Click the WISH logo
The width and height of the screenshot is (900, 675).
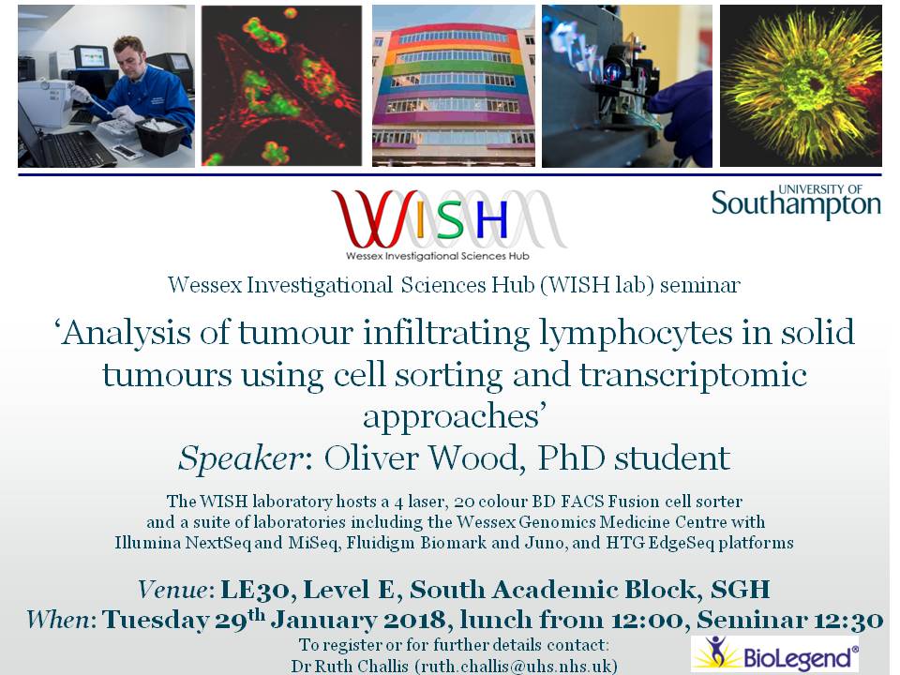[x=447, y=223]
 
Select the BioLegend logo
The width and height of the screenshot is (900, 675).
[x=774, y=654]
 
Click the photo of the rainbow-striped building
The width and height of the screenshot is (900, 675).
[x=454, y=86]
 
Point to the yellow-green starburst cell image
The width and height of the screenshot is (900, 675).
[x=800, y=86]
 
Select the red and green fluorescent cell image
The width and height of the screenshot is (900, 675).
[x=281, y=86]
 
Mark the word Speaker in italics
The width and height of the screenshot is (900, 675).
[x=238, y=458]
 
